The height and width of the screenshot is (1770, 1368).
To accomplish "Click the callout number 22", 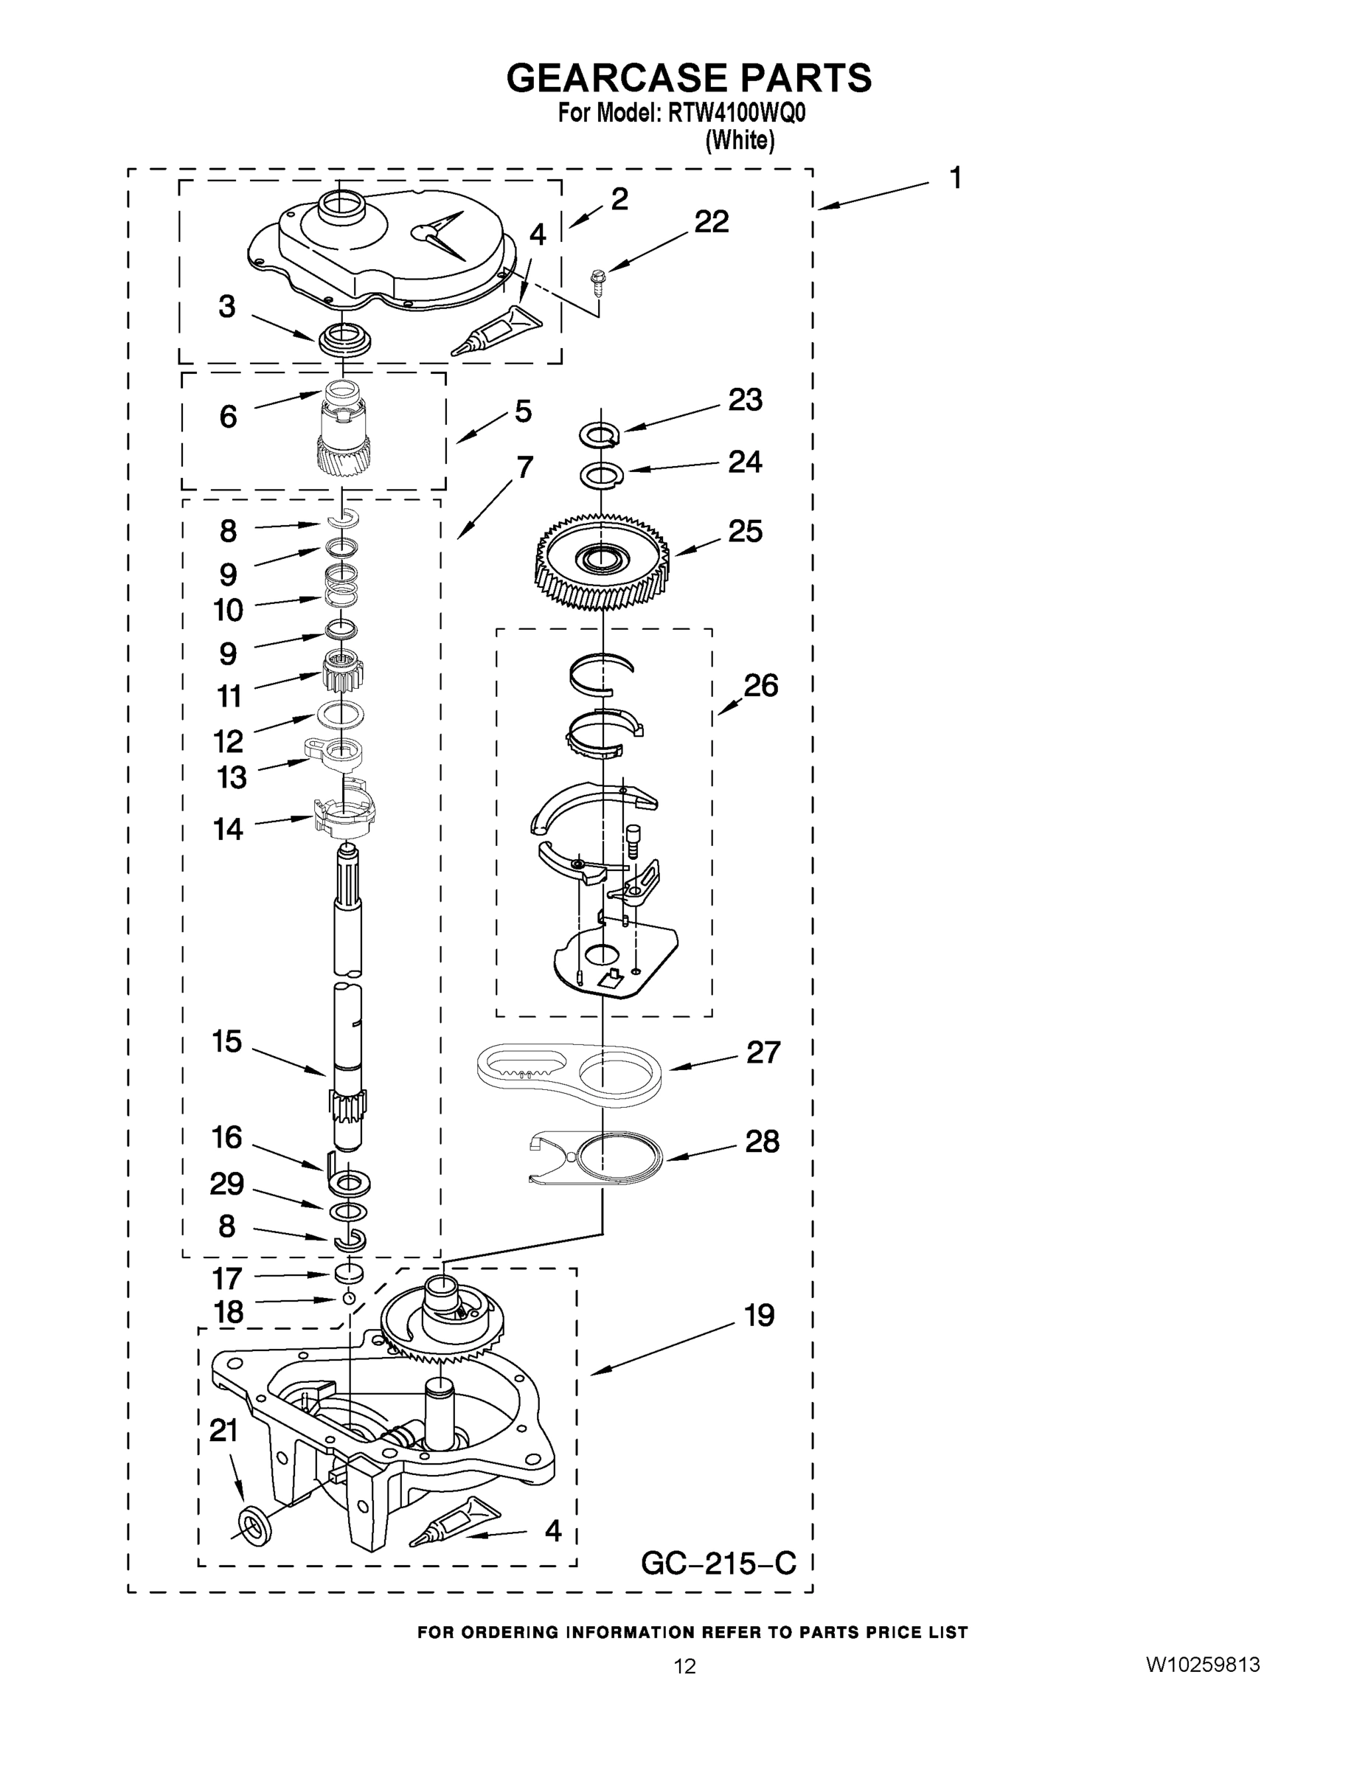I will coord(712,221).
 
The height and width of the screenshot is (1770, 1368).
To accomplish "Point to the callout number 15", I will coord(227,1041).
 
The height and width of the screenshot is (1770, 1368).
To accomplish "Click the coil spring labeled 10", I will coord(343,587).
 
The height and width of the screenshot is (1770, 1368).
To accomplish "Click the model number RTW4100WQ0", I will coord(737,114).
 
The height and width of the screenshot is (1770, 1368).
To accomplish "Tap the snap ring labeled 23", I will coord(600,436).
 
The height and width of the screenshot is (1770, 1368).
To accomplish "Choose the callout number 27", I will coord(763,1052).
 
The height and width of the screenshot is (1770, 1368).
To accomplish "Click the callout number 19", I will coord(760,1316).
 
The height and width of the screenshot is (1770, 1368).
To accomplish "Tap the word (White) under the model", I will coord(740,141).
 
